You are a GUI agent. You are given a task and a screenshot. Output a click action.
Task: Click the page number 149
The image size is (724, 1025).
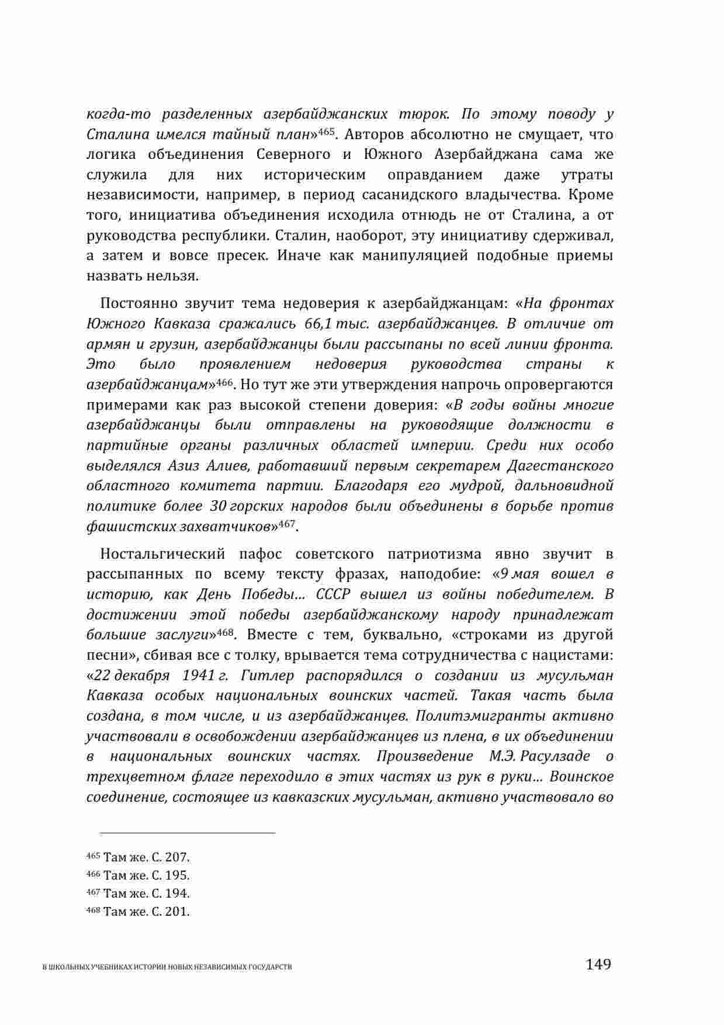pyautogui.click(x=599, y=964)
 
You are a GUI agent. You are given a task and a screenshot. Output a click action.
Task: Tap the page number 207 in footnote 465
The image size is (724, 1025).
pyautogui.click(x=177, y=858)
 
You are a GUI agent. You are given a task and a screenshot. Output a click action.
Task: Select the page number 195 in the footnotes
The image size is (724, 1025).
pyautogui.click(x=177, y=876)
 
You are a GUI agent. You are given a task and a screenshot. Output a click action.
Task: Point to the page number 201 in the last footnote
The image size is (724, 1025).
pyautogui.click(x=177, y=912)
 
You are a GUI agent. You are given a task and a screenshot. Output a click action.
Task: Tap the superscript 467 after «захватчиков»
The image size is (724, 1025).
pyautogui.click(x=286, y=522)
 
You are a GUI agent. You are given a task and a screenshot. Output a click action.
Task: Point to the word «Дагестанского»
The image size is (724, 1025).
pyautogui.click(x=560, y=466)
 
